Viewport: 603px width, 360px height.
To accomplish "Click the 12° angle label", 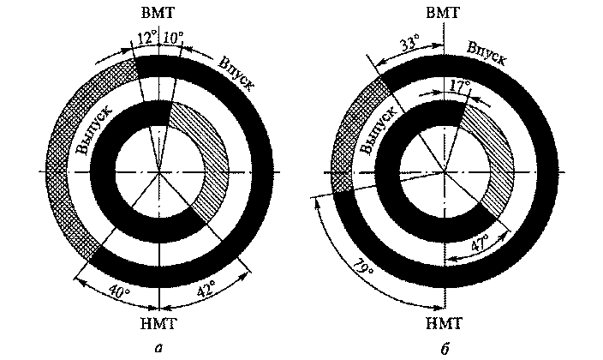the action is coord(145,38).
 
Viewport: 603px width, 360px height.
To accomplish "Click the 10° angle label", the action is coord(175,38).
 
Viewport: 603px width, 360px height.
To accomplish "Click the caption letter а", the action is coord(159,346).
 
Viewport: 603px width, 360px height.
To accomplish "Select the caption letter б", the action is coord(443,346).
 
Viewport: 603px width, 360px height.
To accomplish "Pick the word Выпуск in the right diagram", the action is coord(377,129).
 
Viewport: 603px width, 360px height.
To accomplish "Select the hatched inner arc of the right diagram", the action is coord(493,163).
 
